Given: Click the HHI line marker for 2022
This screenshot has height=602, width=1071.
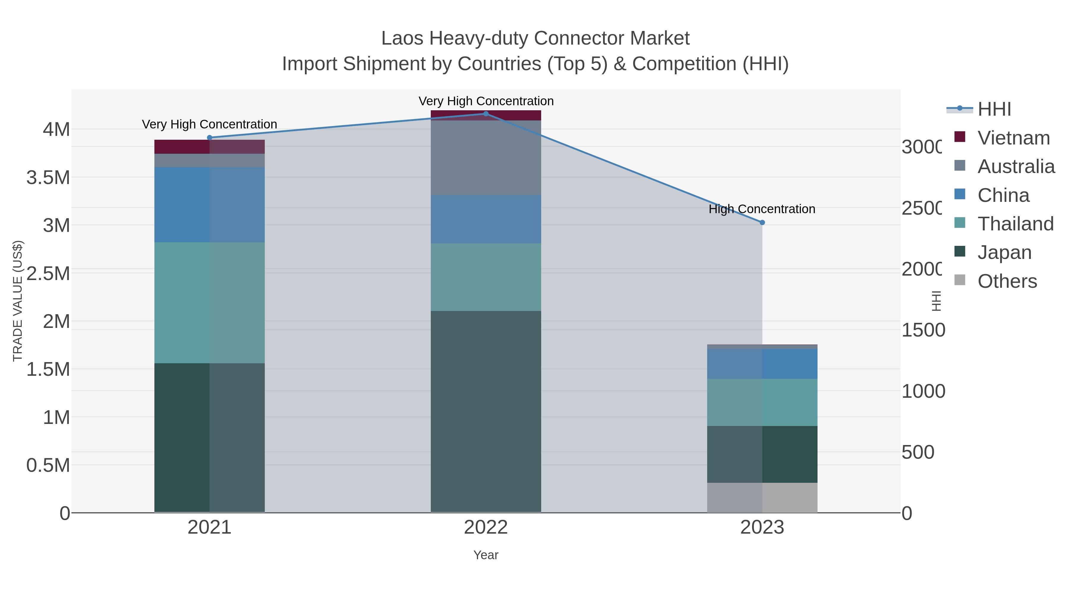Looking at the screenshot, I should (x=486, y=114).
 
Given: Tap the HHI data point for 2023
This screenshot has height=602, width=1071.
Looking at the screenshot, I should (x=762, y=223).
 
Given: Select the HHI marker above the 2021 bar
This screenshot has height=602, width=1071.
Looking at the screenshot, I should (x=209, y=138).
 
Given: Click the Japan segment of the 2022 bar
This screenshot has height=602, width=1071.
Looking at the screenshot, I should (x=486, y=411).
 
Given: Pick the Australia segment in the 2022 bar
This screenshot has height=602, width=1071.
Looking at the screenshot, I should (x=486, y=158).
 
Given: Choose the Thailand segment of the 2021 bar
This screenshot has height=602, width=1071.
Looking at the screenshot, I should (x=209, y=302).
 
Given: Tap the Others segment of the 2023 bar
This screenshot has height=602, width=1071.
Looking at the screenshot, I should (x=762, y=497).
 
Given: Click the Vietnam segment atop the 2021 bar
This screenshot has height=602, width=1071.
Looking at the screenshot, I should (x=209, y=147).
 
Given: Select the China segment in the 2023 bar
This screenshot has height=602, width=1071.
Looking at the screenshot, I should (x=762, y=364).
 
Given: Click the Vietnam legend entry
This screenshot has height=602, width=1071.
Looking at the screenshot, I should (x=1014, y=138).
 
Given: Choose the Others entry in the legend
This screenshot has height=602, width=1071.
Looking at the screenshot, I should (x=1007, y=281).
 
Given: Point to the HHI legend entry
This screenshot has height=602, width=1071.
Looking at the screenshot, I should (x=994, y=109).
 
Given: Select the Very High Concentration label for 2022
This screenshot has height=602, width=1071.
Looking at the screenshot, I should (x=486, y=101).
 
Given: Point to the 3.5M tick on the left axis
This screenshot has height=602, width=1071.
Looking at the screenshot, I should (x=48, y=178).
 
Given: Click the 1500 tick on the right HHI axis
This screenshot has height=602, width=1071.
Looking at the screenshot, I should (x=923, y=330).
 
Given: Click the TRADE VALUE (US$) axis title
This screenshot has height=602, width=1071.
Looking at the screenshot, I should (x=18, y=301).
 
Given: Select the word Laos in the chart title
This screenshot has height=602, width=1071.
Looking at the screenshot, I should (x=402, y=38).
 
